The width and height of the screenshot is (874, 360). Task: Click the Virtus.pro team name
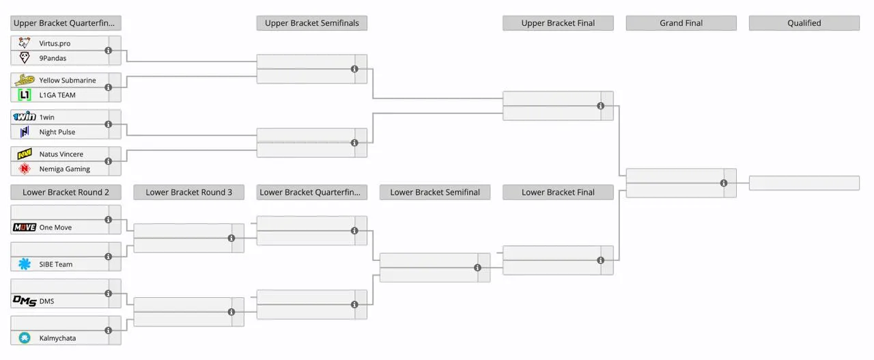[x=55, y=43]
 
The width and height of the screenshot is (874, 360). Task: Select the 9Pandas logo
[x=25, y=58]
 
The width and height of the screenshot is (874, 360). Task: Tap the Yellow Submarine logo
[x=25, y=80]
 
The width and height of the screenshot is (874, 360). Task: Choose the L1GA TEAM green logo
[x=25, y=95]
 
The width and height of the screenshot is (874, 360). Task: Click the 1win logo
[x=25, y=117]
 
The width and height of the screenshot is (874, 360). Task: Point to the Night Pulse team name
[x=57, y=132]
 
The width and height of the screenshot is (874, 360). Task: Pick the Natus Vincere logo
[x=25, y=154]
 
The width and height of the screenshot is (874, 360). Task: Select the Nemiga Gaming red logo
[x=25, y=169]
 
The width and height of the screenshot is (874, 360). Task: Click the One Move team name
[x=55, y=227]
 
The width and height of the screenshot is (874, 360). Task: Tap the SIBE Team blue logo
[x=25, y=264]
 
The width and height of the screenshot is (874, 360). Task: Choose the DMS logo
[x=25, y=301]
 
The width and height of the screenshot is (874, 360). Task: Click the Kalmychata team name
[x=57, y=338]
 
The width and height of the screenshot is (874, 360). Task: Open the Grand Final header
[x=681, y=23]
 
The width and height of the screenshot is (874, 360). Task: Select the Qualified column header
[x=804, y=23]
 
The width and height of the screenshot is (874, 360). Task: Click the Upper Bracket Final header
[x=558, y=23]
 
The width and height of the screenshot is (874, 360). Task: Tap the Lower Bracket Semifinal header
[x=435, y=192]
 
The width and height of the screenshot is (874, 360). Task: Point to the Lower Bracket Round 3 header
[x=189, y=192]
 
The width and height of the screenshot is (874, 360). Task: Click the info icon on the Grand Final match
[x=724, y=183]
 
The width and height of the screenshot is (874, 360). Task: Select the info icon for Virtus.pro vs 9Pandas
[x=109, y=51]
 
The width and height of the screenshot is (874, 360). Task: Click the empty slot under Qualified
[x=804, y=183]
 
